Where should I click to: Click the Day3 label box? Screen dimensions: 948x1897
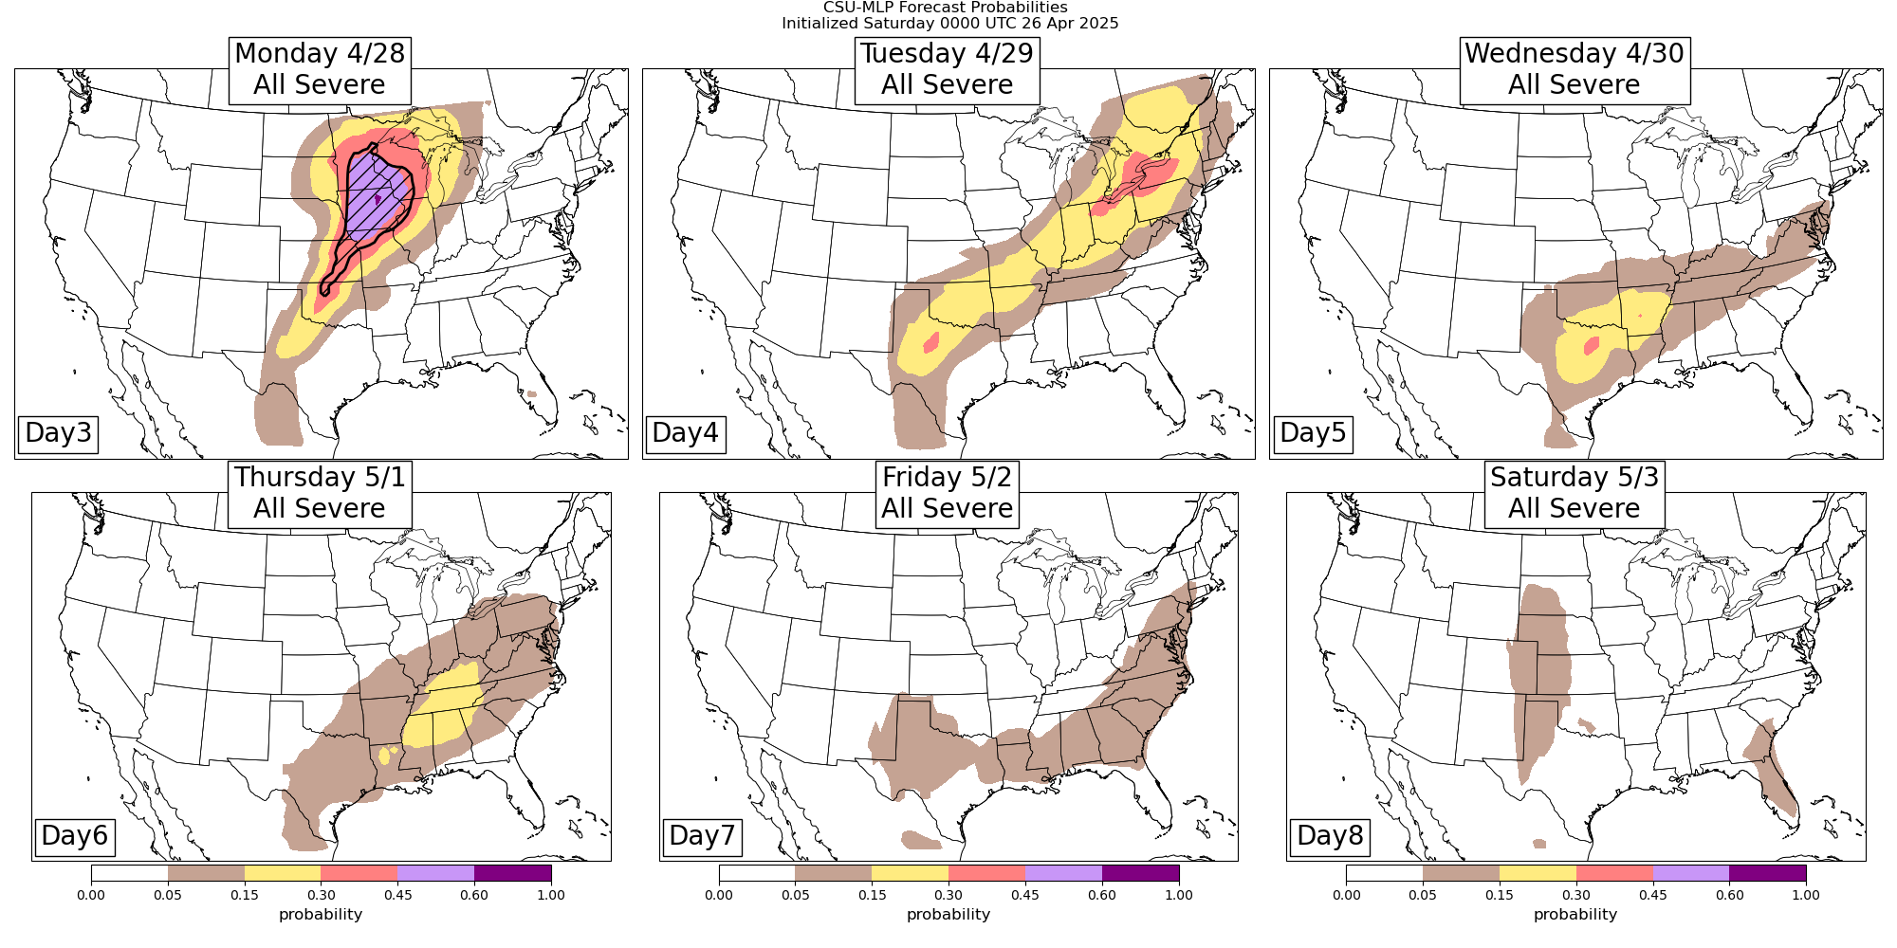tap(58, 432)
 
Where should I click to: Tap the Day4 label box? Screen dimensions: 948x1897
tap(685, 432)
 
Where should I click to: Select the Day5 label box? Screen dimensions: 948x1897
tap(1313, 432)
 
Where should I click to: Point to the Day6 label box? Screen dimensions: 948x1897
tap(75, 835)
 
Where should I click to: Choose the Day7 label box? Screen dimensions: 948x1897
tap(702, 835)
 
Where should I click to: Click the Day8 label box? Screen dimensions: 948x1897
tap(1330, 835)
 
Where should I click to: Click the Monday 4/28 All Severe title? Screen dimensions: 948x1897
tap(320, 69)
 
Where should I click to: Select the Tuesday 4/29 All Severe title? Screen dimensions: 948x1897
tap(947, 69)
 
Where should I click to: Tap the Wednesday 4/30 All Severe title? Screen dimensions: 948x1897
tap(1575, 69)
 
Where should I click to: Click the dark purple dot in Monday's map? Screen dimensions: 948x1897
tap(378, 199)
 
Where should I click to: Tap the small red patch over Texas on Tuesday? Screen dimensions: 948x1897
tap(930, 341)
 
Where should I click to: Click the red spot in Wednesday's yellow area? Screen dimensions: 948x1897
tap(1591, 346)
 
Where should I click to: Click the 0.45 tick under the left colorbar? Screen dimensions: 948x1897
tap(397, 895)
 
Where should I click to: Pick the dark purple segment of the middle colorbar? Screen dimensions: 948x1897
tap(1140, 872)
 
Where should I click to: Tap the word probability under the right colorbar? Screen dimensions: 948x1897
tap(1575, 915)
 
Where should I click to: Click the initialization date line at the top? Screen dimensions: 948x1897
tap(949, 23)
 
